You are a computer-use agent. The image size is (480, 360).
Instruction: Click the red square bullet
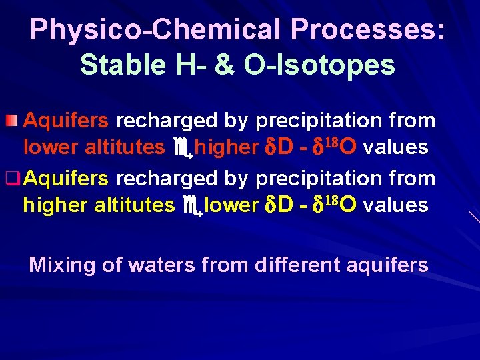[12, 121]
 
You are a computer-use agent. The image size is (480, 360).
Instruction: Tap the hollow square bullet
[12, 179]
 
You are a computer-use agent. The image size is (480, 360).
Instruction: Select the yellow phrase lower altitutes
[93, 147]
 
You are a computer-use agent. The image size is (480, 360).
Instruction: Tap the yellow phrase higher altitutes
[98, 205]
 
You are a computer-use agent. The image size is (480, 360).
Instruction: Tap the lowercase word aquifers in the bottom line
[387, 265]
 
